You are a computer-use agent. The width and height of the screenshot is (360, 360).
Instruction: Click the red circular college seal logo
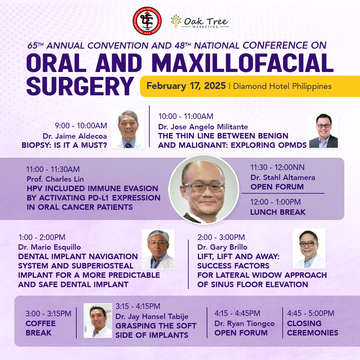147,21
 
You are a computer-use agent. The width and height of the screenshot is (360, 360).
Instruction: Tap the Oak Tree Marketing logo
200,22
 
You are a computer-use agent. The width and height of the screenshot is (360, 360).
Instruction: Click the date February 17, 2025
186,86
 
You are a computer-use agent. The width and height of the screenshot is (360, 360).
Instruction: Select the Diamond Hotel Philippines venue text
282,86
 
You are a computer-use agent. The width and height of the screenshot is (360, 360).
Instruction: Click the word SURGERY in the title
80,86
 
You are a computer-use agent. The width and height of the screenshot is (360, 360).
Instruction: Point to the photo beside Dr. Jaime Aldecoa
128,129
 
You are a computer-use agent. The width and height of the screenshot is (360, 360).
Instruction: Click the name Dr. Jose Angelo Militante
203,127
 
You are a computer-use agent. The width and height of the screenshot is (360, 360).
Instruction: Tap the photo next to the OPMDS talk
323,130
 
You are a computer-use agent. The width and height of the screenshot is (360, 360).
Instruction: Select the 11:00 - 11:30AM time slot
53,169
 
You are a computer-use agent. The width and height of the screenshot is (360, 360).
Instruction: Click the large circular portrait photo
204,189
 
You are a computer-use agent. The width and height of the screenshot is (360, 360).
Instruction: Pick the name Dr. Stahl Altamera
283,177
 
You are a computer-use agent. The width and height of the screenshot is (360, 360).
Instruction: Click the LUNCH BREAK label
278,212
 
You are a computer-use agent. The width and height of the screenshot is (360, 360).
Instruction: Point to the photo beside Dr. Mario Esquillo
158,249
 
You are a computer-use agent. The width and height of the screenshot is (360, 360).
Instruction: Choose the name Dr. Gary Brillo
222,247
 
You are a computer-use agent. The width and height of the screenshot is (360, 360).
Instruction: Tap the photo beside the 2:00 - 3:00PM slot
309,248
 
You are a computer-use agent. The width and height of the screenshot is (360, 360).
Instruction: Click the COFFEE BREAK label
41,328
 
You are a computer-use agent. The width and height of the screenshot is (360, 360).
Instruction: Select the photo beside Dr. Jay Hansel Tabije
98,321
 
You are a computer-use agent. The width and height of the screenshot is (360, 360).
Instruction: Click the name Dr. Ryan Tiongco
245,323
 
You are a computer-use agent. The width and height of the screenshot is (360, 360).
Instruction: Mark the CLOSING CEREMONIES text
312,328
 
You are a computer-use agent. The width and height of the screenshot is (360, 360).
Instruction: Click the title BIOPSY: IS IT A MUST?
64,145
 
